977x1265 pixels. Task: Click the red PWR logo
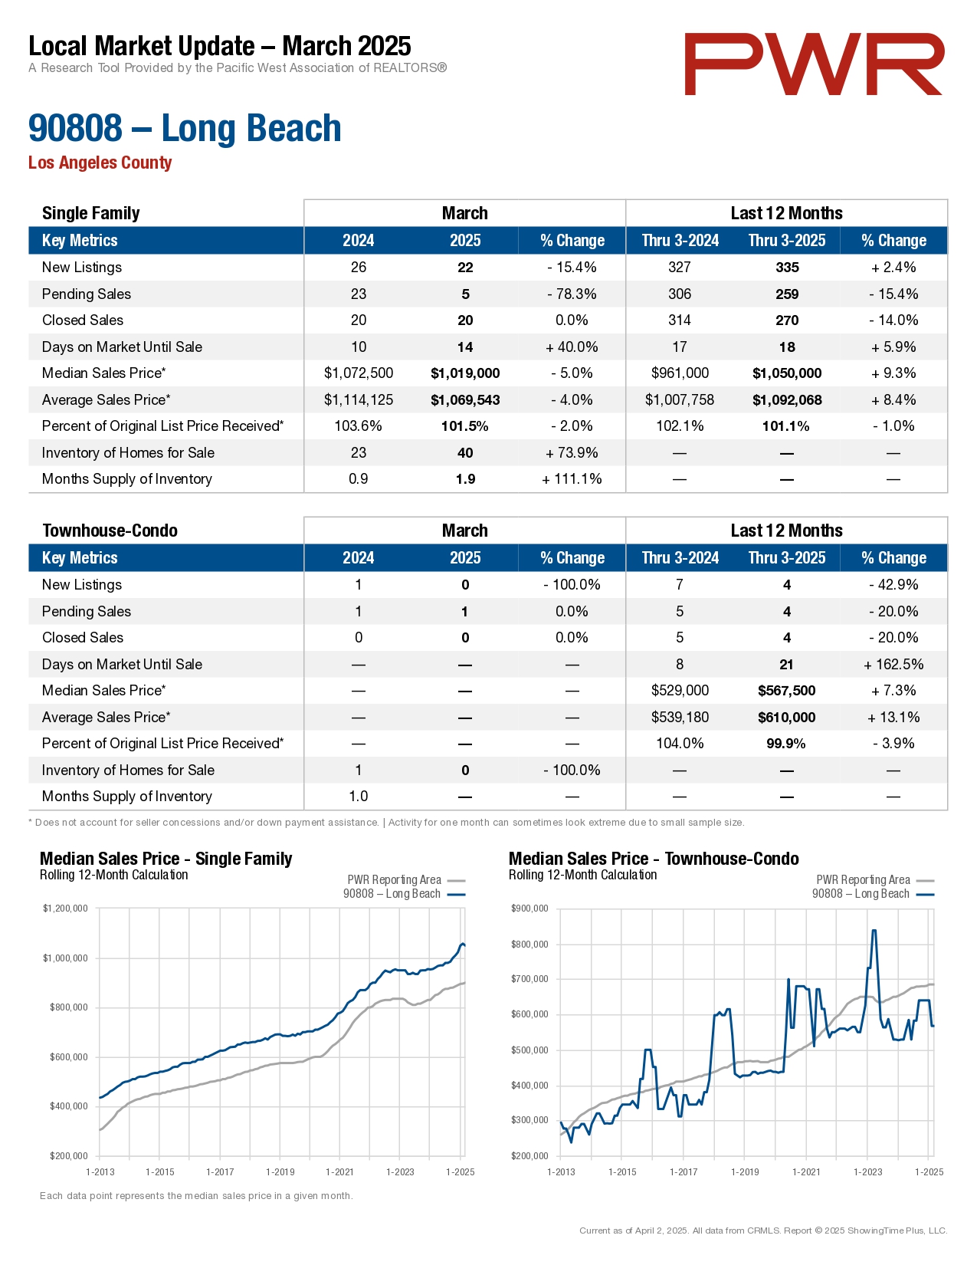coord(814,64)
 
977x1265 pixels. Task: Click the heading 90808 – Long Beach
coord(185,128)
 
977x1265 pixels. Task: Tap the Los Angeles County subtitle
coord(100,163)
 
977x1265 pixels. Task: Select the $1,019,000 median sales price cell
coord(465,373)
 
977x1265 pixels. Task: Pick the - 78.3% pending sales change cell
coord(572,294)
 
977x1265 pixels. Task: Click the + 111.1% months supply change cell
coord(572,479)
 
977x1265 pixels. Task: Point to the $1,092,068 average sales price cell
coord(787,400)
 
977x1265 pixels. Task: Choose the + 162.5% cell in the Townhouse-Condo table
coord(893,665)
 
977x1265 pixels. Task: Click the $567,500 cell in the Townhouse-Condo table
coord(787,691)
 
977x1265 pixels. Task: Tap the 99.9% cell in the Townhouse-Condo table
coord(786,744)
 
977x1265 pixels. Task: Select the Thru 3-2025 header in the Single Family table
coord(787,241)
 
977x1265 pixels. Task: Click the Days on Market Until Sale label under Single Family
coord(122,347)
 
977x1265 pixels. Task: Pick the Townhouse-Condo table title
coord(110,531)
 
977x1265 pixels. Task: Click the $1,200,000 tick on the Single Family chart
coord(65,909)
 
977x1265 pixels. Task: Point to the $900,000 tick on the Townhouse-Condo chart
coord(529,909)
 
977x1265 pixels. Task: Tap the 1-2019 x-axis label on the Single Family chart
coord(280,1171)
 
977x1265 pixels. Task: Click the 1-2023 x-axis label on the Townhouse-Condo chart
coord(867,1171)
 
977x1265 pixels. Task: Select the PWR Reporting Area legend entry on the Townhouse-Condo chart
coord(864,880)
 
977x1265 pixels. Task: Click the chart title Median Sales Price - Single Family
coord(166,859)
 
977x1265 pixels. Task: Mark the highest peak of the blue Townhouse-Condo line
coord(874,931)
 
